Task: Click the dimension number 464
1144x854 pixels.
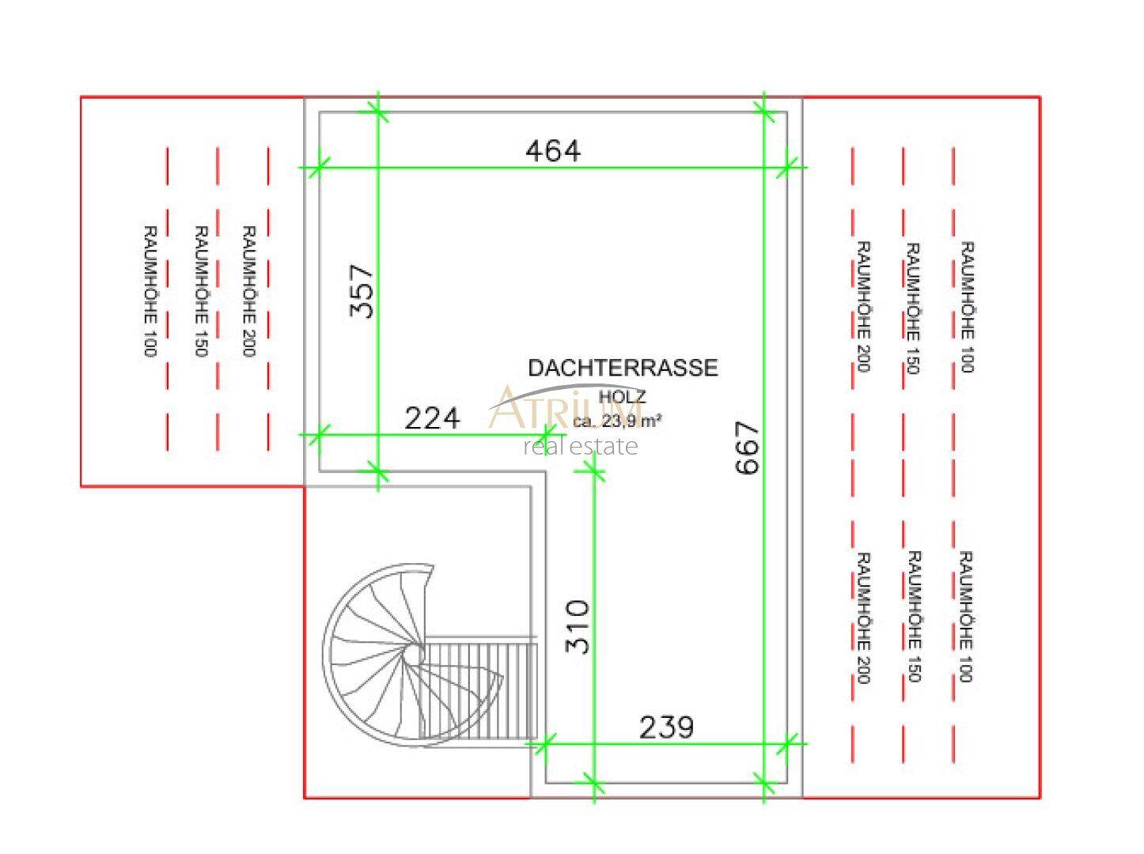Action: [552, 152]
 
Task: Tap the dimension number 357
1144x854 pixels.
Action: [362, 291]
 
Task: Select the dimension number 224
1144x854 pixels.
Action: [432, 418]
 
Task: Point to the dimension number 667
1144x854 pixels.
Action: [747, 448]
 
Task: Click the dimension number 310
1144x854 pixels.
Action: [578, 626]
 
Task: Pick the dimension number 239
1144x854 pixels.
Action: [667, 727]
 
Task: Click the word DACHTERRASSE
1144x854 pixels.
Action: [623, 368]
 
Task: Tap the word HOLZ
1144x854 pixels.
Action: [623, 397]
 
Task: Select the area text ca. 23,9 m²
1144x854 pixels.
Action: [618, 421]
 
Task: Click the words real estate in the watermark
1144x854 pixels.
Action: [581, 447]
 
